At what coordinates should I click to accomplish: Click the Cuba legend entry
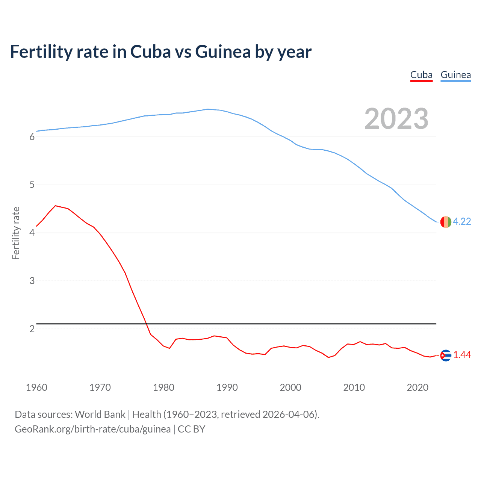pos(421,75)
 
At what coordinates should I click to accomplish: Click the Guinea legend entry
pos(455,75)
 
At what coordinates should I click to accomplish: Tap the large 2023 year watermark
pos(396,119)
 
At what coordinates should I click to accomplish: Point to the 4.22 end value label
pos(462,221)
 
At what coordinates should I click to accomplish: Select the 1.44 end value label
pos(462,355)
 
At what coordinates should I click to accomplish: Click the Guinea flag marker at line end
pos(446,222)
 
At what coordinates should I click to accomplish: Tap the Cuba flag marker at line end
pos(446,355)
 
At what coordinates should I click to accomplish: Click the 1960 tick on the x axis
pos(36,387)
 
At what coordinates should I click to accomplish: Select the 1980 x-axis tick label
pos(163,387)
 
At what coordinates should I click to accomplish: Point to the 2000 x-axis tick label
pos(290,387)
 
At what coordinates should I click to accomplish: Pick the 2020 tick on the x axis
pos(417,387)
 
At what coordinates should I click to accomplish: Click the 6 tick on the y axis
pos(32,137)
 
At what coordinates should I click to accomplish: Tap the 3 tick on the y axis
pos(32,281)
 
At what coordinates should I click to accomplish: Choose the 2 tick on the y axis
pos(32,329)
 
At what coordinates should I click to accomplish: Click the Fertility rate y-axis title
pos(16,233)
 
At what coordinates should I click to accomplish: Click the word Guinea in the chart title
pos(223,52)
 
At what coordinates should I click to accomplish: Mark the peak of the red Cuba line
pos(56,206)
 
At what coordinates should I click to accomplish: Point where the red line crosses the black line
pos(146,324)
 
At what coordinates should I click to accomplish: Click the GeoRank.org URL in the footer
pos(92,429)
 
